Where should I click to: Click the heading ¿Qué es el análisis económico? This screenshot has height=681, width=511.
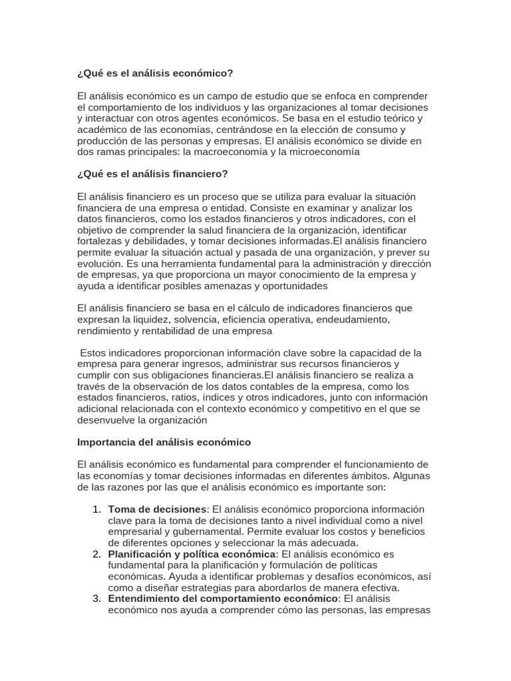coord(155,73)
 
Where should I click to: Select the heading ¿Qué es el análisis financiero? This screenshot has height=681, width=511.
coord(152,174)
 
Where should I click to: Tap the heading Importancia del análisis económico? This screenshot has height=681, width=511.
coord(164,442)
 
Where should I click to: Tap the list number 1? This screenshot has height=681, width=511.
coord(96,509)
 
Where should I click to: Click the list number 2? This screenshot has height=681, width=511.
coord(96,554)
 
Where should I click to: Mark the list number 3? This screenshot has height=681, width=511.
coord(96,599)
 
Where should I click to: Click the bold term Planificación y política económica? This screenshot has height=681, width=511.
coord(192,554)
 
